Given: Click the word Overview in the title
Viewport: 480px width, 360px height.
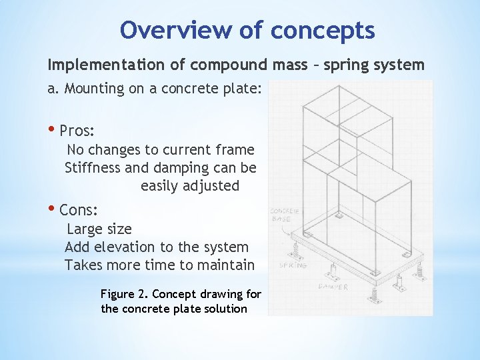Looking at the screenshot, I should (x=158, y=29).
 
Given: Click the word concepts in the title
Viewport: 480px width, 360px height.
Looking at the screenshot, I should (x=323, y=29).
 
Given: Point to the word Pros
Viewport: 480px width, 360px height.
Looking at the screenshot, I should (x=77, y=129).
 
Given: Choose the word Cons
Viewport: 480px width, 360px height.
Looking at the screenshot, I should (x=79, y=211).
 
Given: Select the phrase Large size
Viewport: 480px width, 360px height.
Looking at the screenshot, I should (x=99, y=229).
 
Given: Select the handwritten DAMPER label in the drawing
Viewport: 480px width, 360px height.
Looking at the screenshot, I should (x=332, y=287).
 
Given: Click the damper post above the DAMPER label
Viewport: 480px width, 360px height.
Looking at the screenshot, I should (x=333, y=271).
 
